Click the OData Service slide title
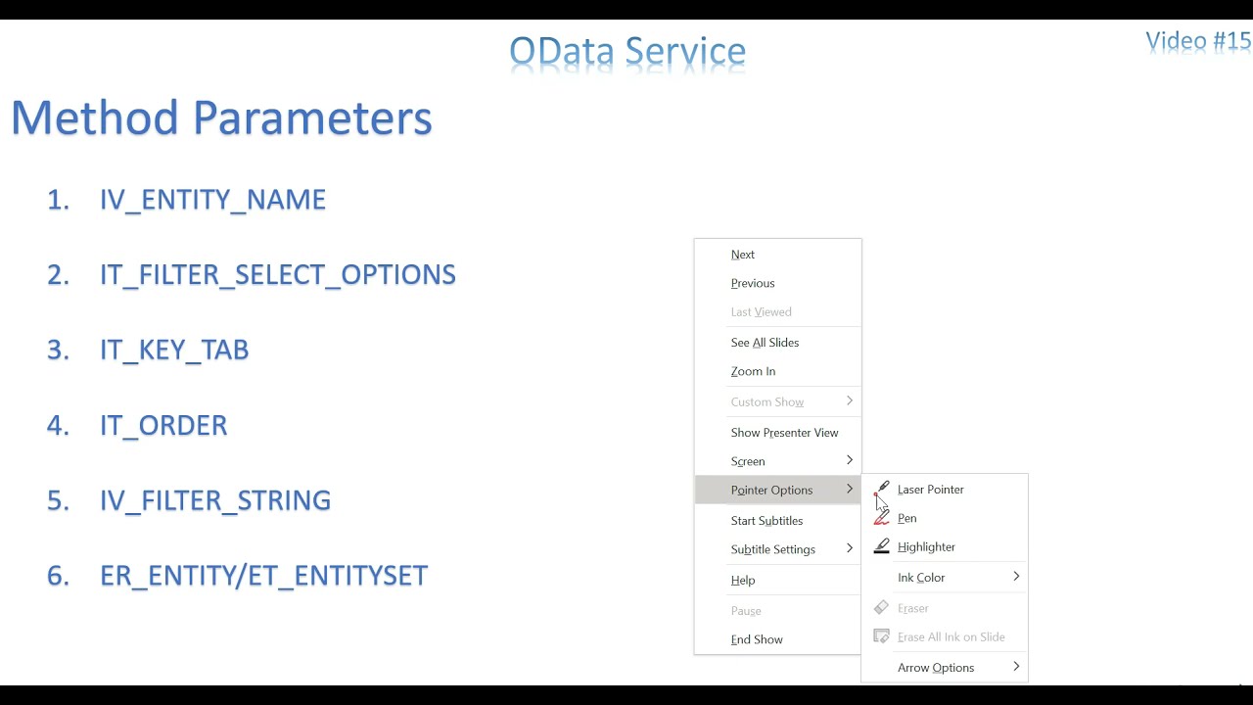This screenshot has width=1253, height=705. [x=627, y=52]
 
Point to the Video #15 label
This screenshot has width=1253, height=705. [x=1198, y=41]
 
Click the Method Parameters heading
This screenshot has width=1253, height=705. [x=221, y=117]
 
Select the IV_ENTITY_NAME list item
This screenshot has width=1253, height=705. [x=212, y=200]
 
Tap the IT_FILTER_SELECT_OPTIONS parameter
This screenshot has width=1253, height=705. [x=277, y=275]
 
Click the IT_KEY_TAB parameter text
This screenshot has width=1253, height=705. [x=174, y=350]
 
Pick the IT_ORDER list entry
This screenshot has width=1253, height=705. [x=163, y=425]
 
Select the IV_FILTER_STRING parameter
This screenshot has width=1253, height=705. [x=215, y=500]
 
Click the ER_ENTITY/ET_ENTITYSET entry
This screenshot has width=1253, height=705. [x=263, y=576]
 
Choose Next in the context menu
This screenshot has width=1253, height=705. [x=742, y=255]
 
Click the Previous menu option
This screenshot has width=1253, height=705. [x=753, y=283]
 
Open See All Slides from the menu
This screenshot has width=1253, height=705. [x=765, y=343]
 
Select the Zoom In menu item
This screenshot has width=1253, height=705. [x=753, y=371]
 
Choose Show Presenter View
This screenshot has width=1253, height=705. [x=784, y=433]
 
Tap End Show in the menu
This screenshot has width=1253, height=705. [x=757, y=639]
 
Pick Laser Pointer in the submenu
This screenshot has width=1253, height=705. [x=930, y=490]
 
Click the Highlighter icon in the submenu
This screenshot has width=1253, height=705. [x=882, y=546]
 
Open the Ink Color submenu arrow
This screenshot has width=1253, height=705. [x=1016, y=577]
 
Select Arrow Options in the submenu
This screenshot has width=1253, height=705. [x=936, y=668]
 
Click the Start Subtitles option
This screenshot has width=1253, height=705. [x=766, y=521]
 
